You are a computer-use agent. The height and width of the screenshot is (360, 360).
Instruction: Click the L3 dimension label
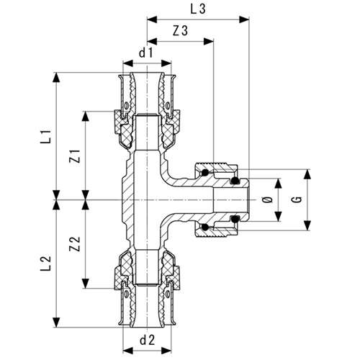pyautogui.click(x=198, y=9)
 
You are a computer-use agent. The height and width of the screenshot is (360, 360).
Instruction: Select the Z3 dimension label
pyautogui.click(x=181, y=31)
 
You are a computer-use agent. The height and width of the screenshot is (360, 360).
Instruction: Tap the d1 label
pyautogui.click(x=146, y=53)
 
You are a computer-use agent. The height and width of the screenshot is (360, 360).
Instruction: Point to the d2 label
pyautogui.click(x=147, y=340)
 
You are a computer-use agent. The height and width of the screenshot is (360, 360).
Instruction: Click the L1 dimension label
pyautogui.click(x=45, y=137)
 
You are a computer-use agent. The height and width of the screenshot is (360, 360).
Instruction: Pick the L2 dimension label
pyautogui.click(x=45, y=263)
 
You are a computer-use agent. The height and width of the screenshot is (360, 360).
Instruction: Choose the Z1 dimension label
pyautogui.click(x=75, y=156)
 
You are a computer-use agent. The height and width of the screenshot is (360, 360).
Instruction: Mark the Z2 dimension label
pyautogui.click(x=75, y=244)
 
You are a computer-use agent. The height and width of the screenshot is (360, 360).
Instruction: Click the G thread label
pyautogui.click(x=297, y=199)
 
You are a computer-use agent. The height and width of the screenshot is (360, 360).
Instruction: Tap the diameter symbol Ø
pyautogui.click(x=268, y=199)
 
